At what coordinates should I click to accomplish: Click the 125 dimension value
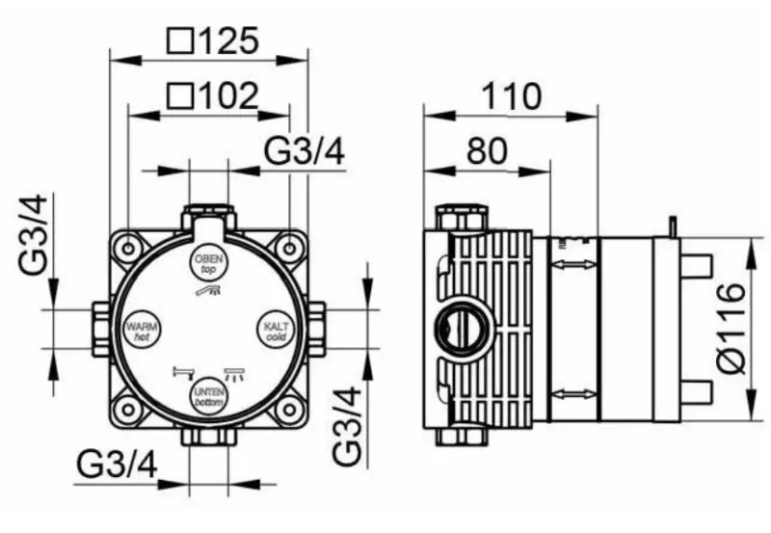[228, 40]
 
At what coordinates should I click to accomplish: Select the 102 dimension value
[228, 95]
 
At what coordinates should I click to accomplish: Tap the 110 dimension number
[512, 96]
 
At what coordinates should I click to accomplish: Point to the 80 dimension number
[487, 151]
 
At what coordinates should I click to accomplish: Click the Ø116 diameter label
[731, 328]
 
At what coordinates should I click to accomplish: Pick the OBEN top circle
[209, 263]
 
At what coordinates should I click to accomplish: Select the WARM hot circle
[142, 329]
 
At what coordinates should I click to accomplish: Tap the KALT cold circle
[277, 329]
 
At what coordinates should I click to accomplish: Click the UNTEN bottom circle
[209, 396]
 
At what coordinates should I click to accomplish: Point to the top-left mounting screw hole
[128, 249]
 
